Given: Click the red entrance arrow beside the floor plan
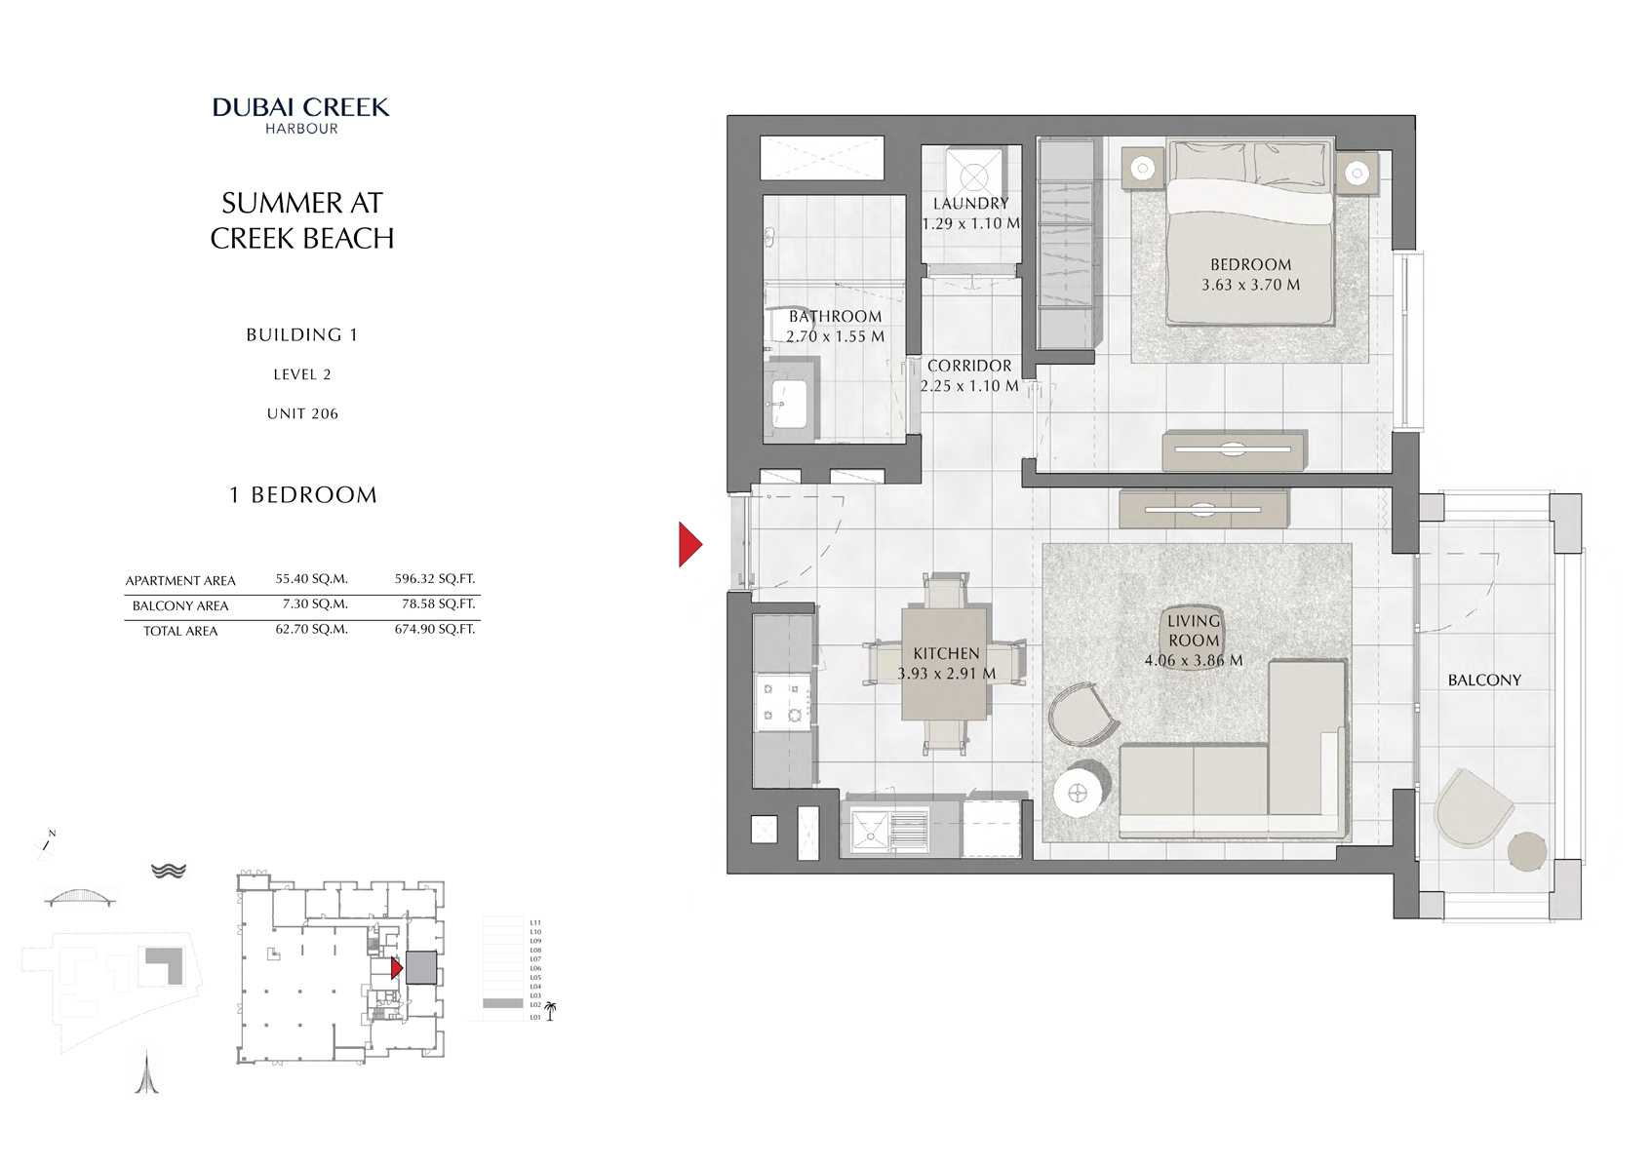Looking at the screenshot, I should (x=689, y=544).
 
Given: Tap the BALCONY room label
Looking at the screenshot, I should (x=1483, y=681).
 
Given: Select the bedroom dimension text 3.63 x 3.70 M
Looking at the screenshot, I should (x=1250, y=286).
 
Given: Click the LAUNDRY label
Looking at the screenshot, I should (x=970, y=204).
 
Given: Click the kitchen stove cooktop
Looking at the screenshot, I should (x=783, y=702).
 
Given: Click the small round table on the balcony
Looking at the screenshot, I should (x=1526, y=851).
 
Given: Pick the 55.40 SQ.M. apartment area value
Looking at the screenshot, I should (x=311, y=579).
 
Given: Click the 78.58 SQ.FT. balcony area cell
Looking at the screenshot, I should (x=438, y=604).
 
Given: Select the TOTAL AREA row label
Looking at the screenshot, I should (x=180, y=632).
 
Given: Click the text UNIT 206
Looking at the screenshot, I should (x=302, y=414).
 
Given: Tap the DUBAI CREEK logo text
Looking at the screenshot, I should (x=300, y=107).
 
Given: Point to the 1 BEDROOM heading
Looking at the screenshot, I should (x=302, y=495).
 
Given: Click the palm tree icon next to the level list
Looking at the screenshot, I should (x=550, y=1010).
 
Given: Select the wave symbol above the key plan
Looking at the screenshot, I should (x=169, y=871).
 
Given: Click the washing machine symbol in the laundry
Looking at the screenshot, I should (x=973, y=176).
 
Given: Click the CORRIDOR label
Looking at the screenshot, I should (x=968, y=366).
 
